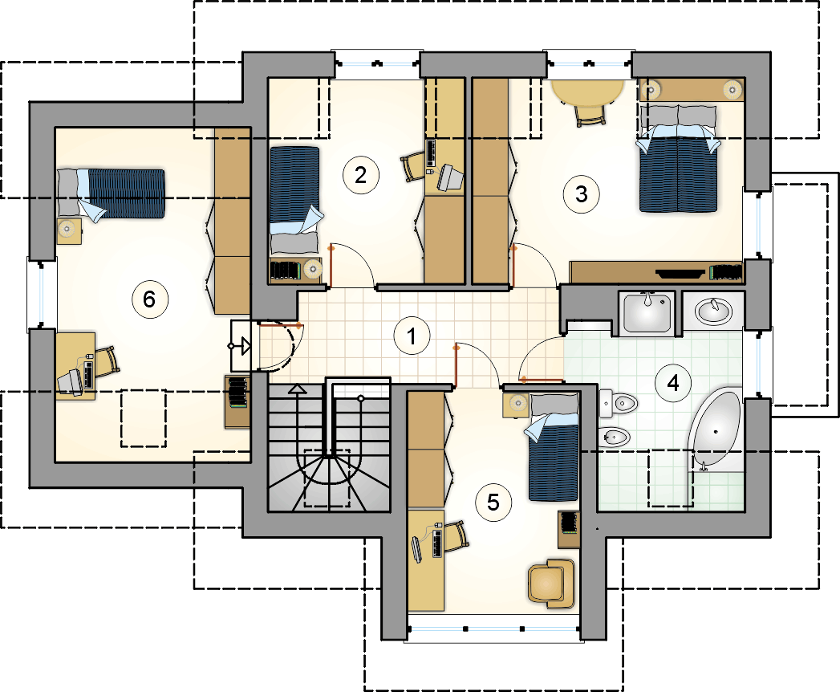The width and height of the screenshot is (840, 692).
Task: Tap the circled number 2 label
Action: pyautogui.click(x=360, y=174)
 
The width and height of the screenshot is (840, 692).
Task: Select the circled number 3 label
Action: pyautogui.click(x=581, y=193)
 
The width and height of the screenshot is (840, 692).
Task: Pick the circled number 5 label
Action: pyautogui.click(x=493, y=502)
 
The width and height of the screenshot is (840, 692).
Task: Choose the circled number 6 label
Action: pyautogui.click(x=148, y=299)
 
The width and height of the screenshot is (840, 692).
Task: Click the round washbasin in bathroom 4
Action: pyautogui.click(x=712, y=310)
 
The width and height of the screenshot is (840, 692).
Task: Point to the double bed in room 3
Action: pyautogui.click(x=676, y=166)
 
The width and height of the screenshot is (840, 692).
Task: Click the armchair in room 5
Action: pyautogui.click(x=551, y=580)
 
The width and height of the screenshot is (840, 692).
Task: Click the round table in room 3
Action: pyautogui.click(x=590, y=92)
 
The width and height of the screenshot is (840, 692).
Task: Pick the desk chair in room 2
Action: pyautogui.click(x=414, y=166)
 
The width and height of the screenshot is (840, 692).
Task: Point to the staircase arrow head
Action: pyautogui.click(x=298, y=389)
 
